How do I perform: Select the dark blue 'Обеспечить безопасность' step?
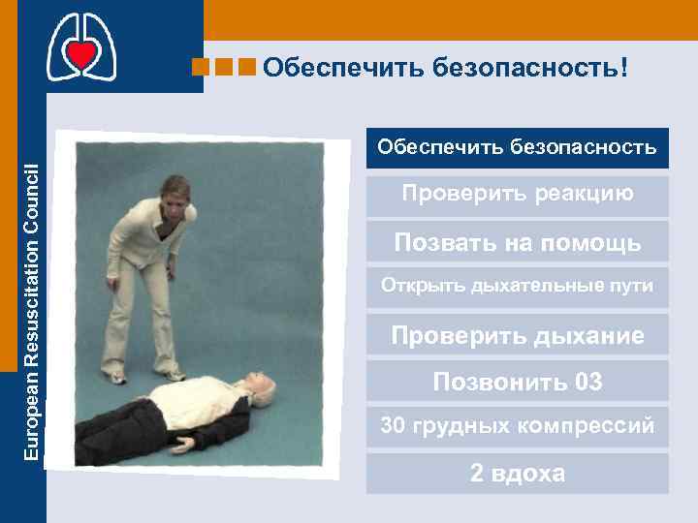click(x=517, y=148)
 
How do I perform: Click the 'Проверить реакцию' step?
click(x=517, y=195)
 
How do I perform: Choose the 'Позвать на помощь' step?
click(x=517, y=241)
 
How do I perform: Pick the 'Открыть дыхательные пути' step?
click(x=517, y=287)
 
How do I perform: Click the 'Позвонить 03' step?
click(x=517, y=381)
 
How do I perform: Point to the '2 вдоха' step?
click(x=517, y=474)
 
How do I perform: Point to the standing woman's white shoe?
click(x=173, y=374)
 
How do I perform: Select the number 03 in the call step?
click(x=587, y=381)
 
